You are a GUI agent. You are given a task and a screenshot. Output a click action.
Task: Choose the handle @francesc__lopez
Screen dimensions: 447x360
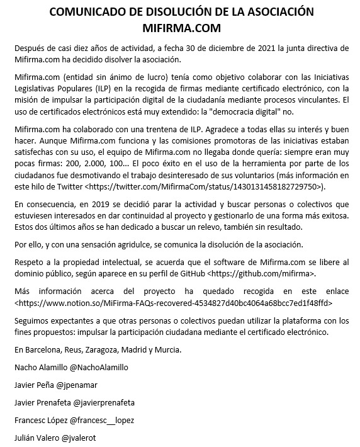[103, 419]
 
